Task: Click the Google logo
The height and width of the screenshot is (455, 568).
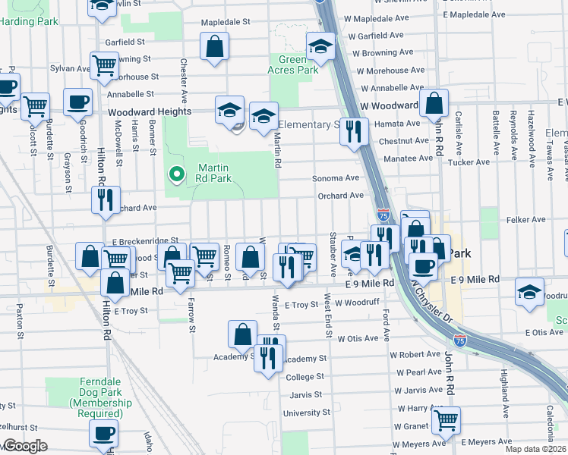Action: click(24, 446)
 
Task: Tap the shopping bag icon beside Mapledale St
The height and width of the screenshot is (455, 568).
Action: click(215, 47)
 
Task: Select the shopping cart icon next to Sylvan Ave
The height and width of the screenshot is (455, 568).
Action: click(104, 65)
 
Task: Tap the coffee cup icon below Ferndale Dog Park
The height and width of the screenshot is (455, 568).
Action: click(104, 433)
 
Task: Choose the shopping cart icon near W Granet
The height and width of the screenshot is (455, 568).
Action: click(446, 418)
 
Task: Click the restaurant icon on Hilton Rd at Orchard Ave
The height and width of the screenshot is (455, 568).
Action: click(104, 199)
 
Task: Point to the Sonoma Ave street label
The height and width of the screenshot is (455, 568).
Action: click(336, 178)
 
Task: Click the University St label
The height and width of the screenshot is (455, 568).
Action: click(307, 413)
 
